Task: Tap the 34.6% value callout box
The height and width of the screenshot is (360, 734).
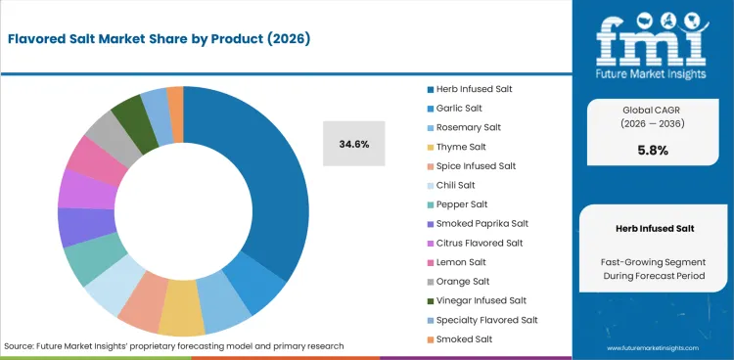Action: pos(354,144)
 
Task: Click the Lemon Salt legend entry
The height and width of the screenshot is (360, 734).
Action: pos(455,262)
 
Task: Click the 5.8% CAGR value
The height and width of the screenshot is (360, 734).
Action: pos(653,151)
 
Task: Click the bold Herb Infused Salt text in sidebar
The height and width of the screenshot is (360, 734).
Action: pos(653,227)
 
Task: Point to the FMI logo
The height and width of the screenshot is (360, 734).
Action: pos(653,44)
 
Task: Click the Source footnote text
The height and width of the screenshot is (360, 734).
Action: pos(174,345)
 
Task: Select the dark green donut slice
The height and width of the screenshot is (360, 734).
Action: pos(128,114)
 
